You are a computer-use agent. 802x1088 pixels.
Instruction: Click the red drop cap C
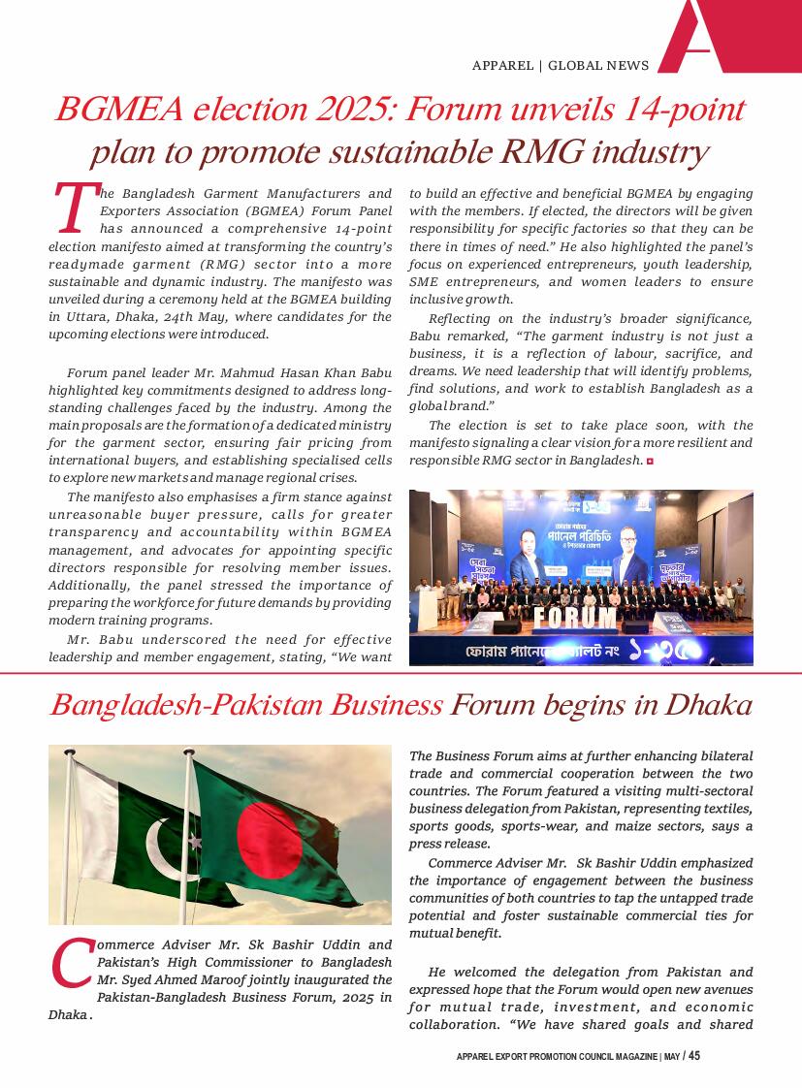71,963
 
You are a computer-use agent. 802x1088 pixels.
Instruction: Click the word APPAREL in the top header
502,66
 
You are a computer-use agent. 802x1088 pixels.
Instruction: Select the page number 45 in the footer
694,1056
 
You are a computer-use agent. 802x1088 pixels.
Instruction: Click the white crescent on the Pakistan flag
166,847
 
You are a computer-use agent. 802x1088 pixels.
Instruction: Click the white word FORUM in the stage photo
575,617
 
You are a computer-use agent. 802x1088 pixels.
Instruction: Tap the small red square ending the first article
650,461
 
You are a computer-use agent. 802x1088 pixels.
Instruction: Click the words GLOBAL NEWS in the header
598,66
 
